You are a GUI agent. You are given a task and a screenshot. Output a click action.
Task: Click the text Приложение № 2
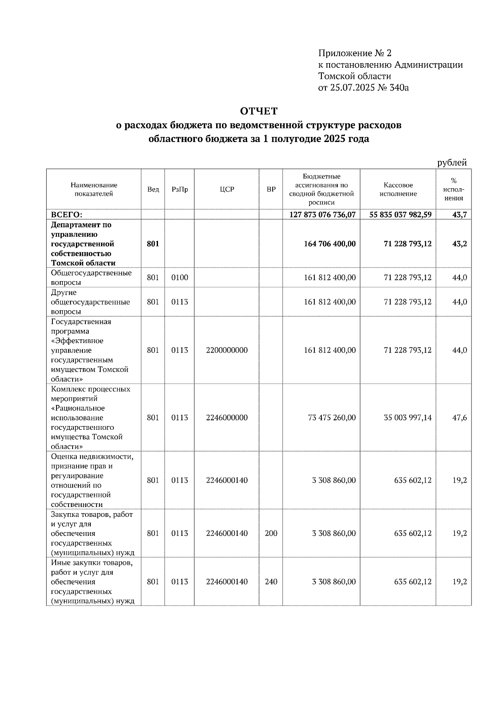[354, 53]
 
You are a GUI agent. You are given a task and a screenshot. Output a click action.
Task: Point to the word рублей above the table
[452, 163]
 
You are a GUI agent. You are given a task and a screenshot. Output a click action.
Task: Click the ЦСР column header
[227, 189]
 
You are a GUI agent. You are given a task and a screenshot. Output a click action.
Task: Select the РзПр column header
[179, 189]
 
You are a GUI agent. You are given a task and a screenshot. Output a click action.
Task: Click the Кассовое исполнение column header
[398, 189]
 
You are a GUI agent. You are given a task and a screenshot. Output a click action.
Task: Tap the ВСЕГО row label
[67, 215]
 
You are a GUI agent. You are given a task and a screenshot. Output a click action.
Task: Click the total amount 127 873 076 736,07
[323, 215]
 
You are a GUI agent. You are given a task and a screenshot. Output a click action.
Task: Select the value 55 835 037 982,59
[398, 215]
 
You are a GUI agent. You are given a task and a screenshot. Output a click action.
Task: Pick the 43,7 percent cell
[459, 215]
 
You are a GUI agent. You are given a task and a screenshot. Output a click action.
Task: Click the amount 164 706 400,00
[330, 244]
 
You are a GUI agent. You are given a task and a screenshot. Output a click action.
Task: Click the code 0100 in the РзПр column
[179, 277]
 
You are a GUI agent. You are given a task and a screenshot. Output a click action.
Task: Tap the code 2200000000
[227, 350]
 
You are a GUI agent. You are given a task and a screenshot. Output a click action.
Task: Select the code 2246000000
[227, 417]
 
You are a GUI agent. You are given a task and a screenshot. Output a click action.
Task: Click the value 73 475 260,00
[332, 417]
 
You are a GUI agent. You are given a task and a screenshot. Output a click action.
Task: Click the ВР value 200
[271, 533]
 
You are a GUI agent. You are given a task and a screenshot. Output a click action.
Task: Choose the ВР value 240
[271, 581]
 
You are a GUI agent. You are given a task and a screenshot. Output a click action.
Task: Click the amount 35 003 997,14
[408, 417]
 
